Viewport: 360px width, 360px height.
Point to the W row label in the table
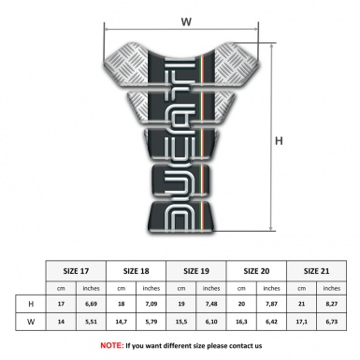tap(31, 324)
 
